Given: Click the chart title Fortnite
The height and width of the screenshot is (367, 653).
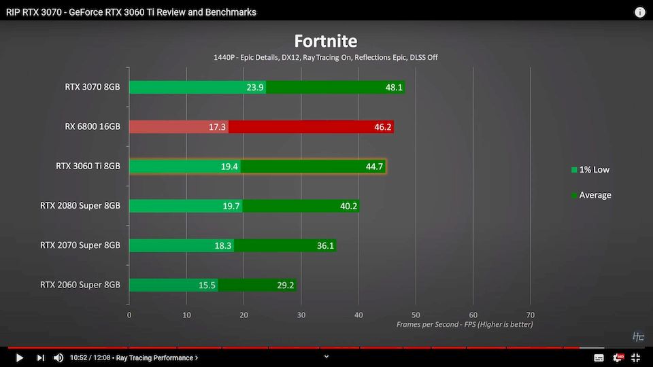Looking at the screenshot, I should (x=325, y=41).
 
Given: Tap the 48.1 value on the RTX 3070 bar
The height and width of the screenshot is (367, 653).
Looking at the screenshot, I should (x=394, y=88).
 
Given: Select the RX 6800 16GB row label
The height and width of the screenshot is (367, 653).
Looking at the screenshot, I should (x=92, y=126).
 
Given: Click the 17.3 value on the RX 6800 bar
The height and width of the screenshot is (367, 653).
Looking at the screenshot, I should (x=217, y=127).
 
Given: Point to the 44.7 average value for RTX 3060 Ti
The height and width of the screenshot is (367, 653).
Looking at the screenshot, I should (x=375, y=167).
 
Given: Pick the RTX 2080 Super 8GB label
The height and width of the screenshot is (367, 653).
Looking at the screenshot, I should (x=80, y=205).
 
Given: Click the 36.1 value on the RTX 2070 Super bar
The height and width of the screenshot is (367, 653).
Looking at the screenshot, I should (x=325, y=245).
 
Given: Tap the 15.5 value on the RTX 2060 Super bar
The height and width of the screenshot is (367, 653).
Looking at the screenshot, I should (x=207, y=285).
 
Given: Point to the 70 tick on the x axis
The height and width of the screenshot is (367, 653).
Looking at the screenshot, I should (x=531, y=315).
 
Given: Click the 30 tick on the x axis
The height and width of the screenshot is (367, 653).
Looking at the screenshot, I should (x=301, y=315).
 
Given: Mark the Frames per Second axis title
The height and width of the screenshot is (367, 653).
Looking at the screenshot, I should (x=465, y=324).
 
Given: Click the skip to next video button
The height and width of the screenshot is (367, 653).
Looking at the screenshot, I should (x=40, y=357).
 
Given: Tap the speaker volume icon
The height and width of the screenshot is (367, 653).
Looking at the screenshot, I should (x=58, y=357).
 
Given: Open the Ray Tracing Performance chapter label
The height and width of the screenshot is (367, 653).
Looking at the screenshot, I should (x=157, y=357).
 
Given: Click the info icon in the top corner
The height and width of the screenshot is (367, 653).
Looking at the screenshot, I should (x=640, y=12).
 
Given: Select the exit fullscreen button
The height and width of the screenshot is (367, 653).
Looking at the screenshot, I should (x=635, y=357).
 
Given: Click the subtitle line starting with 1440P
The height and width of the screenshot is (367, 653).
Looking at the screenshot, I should (x=325, y=57).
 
